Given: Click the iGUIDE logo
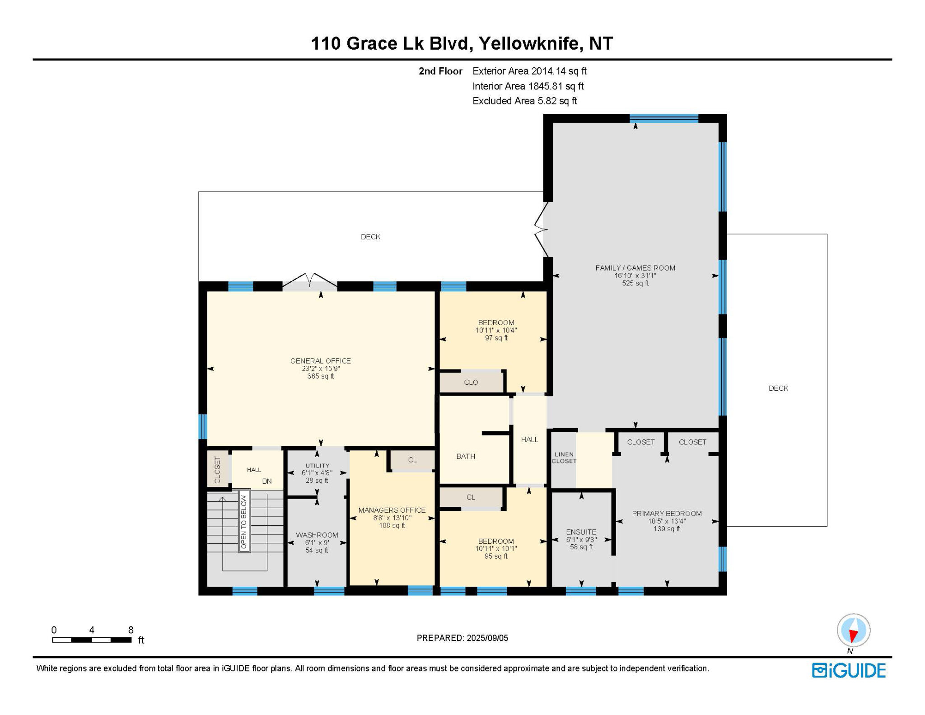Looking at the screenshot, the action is click(x=849, y=670).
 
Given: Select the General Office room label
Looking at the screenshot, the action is click(x=321, y=361).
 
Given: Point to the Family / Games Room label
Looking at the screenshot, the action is click(x=635, y=268).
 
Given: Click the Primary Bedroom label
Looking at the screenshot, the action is click(x=667, y=514).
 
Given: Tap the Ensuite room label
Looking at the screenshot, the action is click(x=581, y=532).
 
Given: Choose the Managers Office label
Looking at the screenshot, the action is click(x=392, y=510).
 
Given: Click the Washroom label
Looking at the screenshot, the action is click(x=317, y=535).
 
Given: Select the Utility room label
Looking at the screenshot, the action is click(x=318, y=466).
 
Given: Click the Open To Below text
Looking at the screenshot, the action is click(x=244, y=522).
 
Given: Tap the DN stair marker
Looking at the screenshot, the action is click(x=267, y=481).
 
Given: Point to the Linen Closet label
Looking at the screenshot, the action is click(x=564, y=458).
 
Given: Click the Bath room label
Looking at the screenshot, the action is click(x=466, y=456).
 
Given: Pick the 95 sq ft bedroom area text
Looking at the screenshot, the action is click(x=496, y=556).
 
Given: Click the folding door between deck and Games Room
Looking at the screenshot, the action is click(x=542, y=229).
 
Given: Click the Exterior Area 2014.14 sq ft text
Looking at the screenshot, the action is click(x=529, y=71).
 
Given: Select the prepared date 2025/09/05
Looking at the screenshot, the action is click(x=487, y=638).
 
